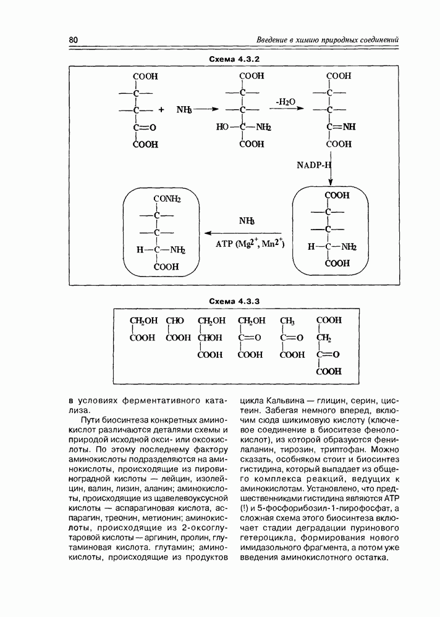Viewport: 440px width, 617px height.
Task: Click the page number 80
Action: pos(73,40)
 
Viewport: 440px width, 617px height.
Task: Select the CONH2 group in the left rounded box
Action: pos(167,199)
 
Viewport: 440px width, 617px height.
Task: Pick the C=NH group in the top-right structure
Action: pos(341,128)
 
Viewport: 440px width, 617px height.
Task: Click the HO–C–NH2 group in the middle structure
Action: pos(245,128)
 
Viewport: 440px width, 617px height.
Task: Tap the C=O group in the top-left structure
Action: pos(143,128)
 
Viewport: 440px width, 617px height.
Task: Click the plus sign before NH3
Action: pos(161,110)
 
